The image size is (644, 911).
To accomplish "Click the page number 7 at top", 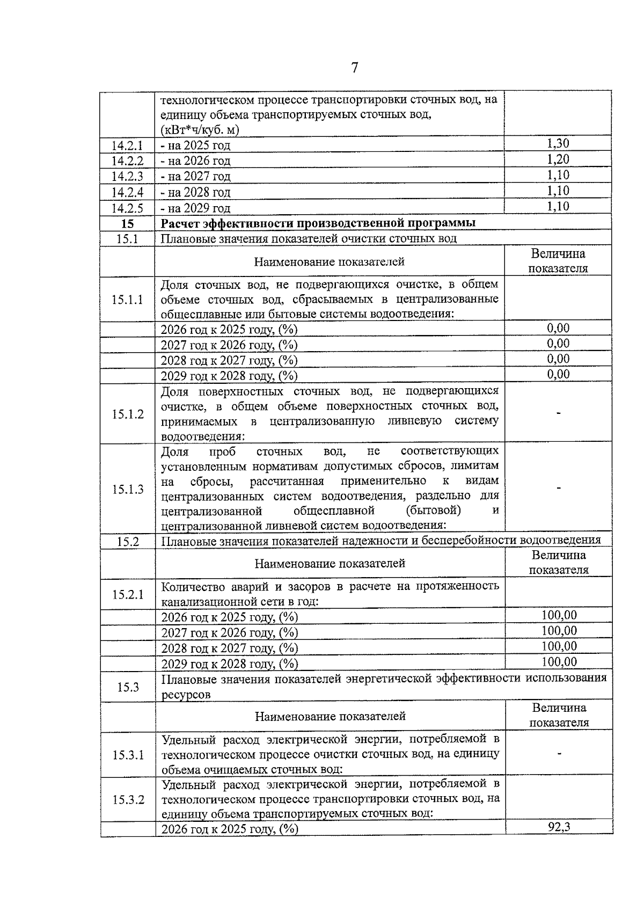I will click(x=354, y=68).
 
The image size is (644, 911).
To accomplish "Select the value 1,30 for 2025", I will click(x=558, y=143).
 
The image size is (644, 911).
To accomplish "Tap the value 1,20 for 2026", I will click(x=558, y=159).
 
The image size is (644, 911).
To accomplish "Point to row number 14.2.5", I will click(x=127, y=208).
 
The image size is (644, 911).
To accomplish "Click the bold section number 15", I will click(x=127, y=223).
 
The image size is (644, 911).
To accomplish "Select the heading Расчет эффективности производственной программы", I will click(x=318, y=223).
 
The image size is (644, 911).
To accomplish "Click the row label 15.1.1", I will click(x=127, y=300).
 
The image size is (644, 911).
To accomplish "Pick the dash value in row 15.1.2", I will click(x=559, y=413).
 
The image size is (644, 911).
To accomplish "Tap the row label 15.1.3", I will click(x=128, y=489).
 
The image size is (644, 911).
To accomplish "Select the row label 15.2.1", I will click(x=128, y=594).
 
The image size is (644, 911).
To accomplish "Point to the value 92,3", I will click(x=559, y=841).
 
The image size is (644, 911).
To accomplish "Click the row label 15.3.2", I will click(x=128, y=800).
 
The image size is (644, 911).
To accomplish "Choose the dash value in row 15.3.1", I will click(x=559, y=754).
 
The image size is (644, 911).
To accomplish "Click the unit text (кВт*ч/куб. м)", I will click(x=200, y=130).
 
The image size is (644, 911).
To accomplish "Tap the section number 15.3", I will click(x=128, y=687).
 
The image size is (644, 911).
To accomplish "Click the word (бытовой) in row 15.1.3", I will click(x=434, y=510).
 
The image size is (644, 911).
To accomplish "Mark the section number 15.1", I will click(x=127, y=239).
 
